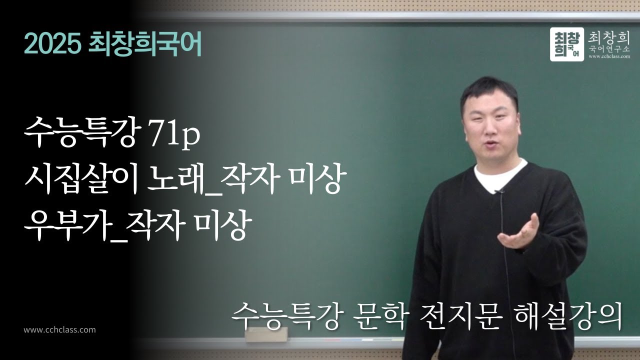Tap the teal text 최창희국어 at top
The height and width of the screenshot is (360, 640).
144,45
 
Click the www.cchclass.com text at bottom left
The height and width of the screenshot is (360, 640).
59,330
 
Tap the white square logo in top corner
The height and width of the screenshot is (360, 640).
567,44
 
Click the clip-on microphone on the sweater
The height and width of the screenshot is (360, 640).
498,191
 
